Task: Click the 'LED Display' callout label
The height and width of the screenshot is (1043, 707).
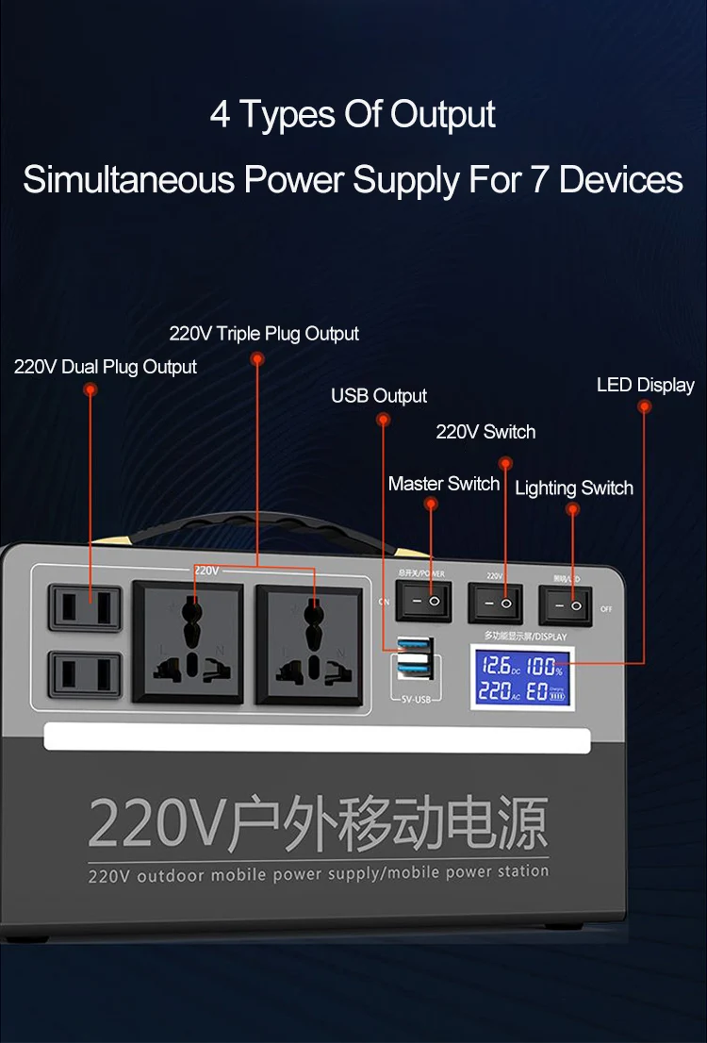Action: [x=645, y=385]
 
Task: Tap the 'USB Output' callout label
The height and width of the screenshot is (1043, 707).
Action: [x=379, y=396]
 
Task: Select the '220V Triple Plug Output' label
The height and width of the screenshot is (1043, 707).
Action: [x=264, y=334]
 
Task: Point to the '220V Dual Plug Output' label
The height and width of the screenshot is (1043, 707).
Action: [x=106, y=367]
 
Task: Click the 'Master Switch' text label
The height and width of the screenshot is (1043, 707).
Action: [x=444, y=484]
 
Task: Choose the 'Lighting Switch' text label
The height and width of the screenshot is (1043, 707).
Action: [x=574, y=488]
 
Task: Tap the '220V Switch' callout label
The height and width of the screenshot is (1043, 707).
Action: [x=485, y=432]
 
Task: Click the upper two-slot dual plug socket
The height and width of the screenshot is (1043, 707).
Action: [x=86, y=607]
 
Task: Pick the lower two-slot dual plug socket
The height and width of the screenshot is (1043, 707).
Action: [x=86, y=675]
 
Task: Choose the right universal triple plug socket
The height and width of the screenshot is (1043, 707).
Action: [x=309, y=645]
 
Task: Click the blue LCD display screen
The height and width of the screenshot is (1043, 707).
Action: [x=521, y=680]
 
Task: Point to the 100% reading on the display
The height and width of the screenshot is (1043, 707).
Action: [x=543, y=667]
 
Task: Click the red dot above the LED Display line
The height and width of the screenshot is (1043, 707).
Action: [x=645, y=406]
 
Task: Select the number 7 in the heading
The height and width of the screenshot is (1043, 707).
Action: [x=538, y=179]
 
